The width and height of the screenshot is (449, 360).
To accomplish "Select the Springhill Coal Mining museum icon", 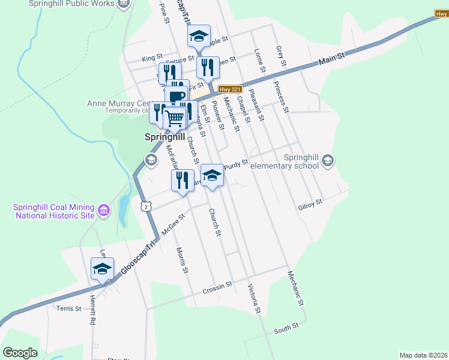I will pos(104,211).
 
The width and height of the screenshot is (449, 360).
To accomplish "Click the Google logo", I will pos(20,353).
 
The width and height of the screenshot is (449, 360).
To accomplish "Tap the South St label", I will pos(286,328).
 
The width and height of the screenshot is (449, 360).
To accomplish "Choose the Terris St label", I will pos(68,308).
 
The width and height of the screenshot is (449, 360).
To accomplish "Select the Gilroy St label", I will pos(310,205).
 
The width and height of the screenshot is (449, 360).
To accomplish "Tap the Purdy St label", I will pos(237,163).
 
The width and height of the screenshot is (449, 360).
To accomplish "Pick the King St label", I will pos(152,58).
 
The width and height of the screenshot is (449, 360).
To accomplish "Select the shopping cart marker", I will pos(174,118).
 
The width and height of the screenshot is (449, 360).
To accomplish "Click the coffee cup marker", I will pos(177,95).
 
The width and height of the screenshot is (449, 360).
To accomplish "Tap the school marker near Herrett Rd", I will pos(102,269).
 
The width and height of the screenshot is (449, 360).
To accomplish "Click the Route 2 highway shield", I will pos(146,206).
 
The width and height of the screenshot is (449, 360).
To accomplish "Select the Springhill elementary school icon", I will pos(328,160).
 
